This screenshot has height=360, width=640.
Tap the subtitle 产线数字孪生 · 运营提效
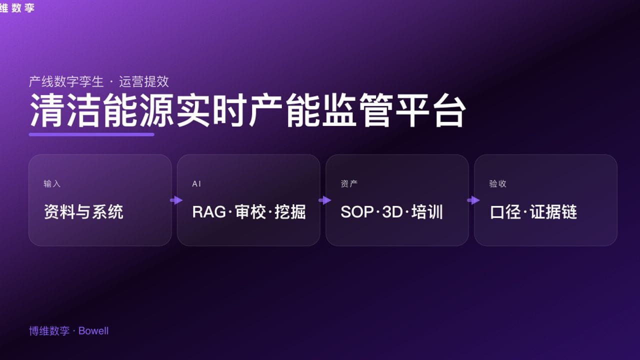[x=99, y=81]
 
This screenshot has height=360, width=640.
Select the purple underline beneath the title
[x=91, y=134]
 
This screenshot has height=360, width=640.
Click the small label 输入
[x=52, y=184]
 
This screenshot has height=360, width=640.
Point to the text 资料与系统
[x=83, y=212]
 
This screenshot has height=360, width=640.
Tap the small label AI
[x=196, y=184]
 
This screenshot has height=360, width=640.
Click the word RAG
[x=209, y=212]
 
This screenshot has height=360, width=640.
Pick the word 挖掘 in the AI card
[x=290, y=212]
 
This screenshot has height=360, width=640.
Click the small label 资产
[x=349, y=184]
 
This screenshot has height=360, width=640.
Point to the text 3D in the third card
[x=392, y=212]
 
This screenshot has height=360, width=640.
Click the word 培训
[x=427, y=212]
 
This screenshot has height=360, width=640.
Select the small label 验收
[x=497, y=184]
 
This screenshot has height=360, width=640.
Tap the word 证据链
[x=553, y=212]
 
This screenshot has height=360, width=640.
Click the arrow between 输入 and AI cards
[x=176, y=200]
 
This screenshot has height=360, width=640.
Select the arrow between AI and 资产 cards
[x=324, y=200]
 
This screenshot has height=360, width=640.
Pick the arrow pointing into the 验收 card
[x=473, y=200]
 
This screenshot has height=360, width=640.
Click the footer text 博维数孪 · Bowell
[x=68, y=331]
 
